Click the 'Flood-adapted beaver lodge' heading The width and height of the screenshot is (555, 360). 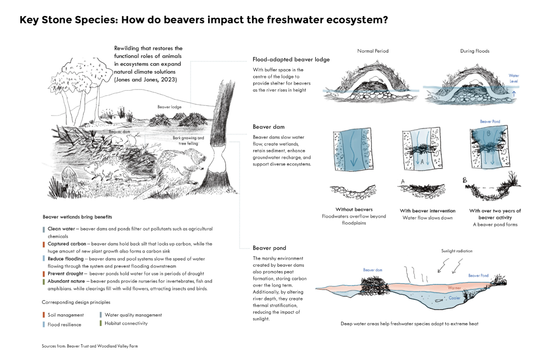291,60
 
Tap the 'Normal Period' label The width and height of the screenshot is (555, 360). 373,51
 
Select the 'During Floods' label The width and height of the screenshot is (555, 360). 475,51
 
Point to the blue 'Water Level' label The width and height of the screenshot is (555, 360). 514,78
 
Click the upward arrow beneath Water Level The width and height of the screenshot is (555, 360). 514,94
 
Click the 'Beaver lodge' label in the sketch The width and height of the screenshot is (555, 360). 170,107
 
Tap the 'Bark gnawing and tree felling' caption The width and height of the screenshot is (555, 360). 188,141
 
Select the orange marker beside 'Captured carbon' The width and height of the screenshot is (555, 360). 44,244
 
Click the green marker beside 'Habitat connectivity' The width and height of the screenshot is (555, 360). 100,323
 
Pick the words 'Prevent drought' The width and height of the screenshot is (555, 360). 65,274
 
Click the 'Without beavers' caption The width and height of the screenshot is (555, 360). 354,210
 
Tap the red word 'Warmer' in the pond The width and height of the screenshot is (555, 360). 455,288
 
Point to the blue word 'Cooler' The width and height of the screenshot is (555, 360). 455,298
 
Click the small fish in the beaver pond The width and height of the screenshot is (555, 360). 439,300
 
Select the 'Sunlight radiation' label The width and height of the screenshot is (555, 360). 457,251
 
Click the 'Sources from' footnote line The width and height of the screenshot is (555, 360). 90,346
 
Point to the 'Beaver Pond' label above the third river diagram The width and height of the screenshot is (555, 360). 490,122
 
